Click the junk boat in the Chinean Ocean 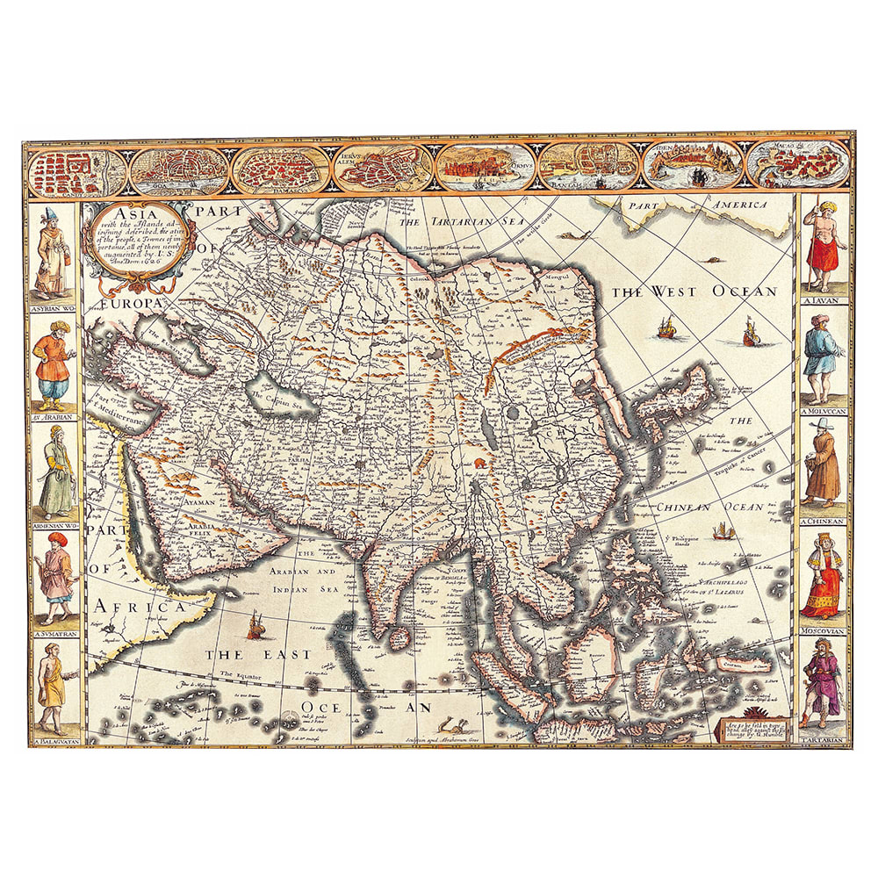click(723, 530)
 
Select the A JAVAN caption click(824, 301)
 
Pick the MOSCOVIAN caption click(823, 630)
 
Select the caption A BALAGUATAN click(54, 743)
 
